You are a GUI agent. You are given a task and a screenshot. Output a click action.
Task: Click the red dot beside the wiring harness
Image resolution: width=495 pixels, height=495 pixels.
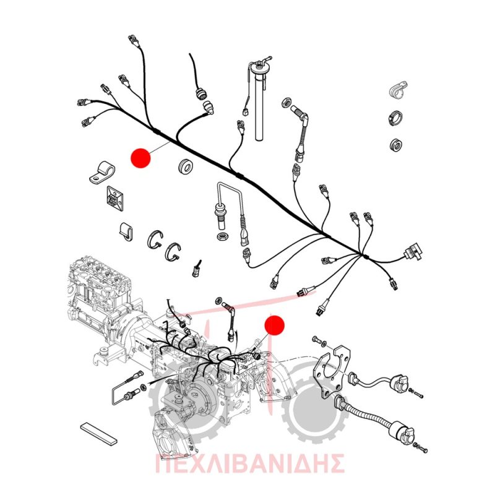(x=140, y=158)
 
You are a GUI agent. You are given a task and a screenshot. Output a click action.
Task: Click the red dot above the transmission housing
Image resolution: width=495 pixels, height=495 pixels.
(x=274, y=325)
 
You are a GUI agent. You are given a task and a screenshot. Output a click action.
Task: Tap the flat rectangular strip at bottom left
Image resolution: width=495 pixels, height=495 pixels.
(x=99, y=434)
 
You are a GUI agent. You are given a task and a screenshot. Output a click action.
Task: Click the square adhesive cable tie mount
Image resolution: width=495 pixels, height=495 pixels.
(x=115, y=198)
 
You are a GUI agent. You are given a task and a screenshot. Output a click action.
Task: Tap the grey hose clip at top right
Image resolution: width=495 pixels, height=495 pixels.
(x=397, y=90)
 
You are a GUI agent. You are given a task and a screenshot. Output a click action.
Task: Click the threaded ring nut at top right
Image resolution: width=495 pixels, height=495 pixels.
(x=396, y=118)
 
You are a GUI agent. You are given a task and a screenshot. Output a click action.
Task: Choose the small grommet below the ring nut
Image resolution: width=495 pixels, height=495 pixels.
(x=396, y=144)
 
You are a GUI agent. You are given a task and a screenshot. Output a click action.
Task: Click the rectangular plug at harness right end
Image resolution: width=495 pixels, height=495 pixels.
(x=411, y=252)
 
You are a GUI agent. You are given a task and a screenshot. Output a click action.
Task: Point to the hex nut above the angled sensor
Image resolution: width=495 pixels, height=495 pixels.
(x=286, y=103)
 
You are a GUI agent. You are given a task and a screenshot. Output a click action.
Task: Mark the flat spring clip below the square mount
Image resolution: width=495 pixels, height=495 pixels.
(x=126, y=231)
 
